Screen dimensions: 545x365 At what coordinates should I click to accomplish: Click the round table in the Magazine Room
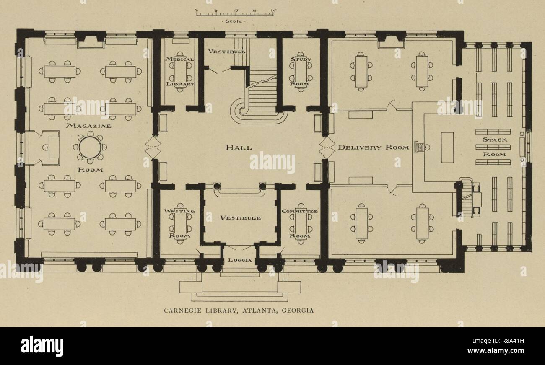[x=90, y=148]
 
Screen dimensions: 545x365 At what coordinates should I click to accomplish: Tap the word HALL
[x=239, y=148]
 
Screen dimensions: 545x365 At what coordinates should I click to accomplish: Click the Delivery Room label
[x=374, y=148]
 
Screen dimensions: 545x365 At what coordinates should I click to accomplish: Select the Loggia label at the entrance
[x=240, y=260]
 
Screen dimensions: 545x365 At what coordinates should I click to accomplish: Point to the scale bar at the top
[x=235, y=13]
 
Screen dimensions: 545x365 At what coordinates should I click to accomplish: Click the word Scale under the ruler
[x=234, y=21]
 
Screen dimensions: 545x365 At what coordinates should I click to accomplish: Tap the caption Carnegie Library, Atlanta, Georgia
[x=239, y=311]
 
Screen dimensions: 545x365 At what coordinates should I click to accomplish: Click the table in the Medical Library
[x=180, y=72]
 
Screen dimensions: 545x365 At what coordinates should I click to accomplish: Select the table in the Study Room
[x=301, y=72]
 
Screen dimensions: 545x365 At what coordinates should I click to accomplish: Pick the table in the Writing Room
[x=180, y=223]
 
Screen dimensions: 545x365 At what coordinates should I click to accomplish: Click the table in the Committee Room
[x=301, y=223]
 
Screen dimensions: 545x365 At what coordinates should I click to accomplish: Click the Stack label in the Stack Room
[x=495, y=140]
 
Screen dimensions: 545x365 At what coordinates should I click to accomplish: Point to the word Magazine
[x=89, y=126]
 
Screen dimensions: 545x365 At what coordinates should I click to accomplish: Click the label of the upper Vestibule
[x=226, y=52]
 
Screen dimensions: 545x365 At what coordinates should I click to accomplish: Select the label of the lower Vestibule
[x=240, y=218]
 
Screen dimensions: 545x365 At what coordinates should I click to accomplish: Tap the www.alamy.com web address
[x=496, y=350]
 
